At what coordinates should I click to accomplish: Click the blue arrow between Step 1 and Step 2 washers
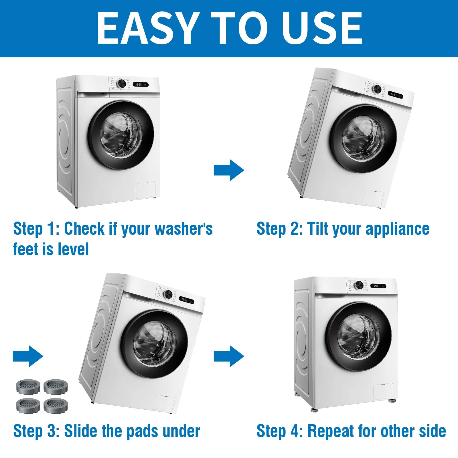229,170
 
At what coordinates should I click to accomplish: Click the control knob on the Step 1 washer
121,84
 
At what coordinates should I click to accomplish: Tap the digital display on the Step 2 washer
395,95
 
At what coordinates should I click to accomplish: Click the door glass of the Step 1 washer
121,135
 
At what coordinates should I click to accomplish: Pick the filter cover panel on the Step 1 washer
146,190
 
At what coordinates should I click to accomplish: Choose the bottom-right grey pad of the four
56,406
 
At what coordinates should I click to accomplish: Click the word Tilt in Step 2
318,229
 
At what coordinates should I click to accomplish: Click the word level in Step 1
73,249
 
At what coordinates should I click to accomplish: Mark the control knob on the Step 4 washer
358,285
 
